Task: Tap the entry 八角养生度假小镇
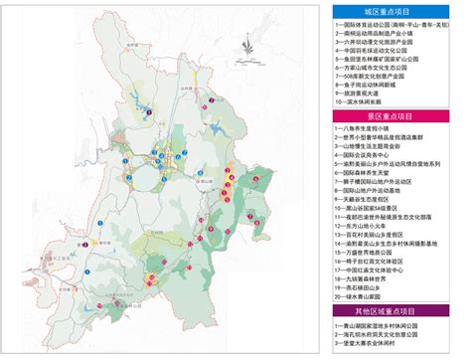click(x=368, y=128)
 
